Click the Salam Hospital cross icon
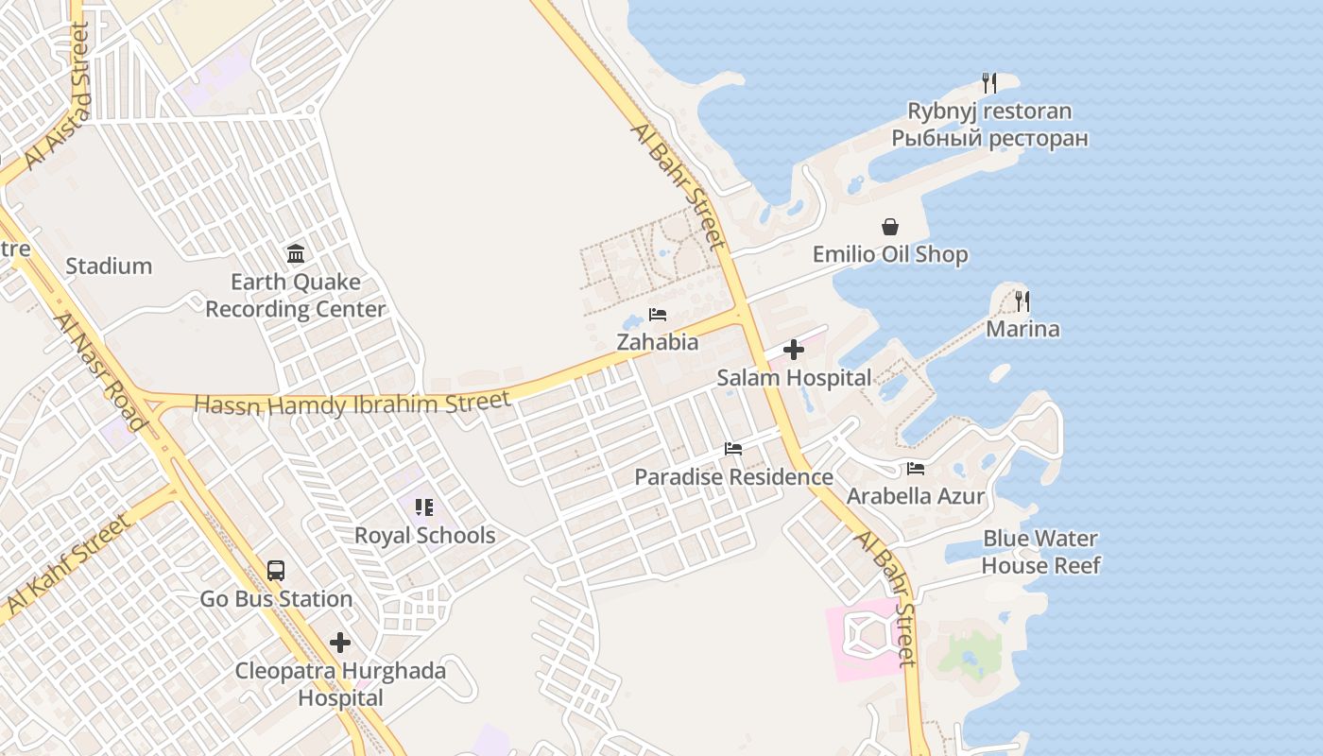click(794, 351)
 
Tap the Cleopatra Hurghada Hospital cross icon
click(340, 644)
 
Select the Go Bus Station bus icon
click(276, 571)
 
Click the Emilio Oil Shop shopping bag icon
click(890, 227)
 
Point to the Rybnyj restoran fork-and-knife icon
click(989, 83)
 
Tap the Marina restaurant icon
click(1022, 301)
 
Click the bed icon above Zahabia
click(658, 315)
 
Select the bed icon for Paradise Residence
click(733, 449)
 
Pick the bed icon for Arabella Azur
click(916, 469)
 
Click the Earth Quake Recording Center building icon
click(296, 253)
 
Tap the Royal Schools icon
click(424, 507)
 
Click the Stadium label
click(109, 266)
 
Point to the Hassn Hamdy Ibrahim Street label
click(352, 404)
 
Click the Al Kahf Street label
click(66, 563)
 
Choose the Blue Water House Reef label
click(1040, 552)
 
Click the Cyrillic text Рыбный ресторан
click(989, 139)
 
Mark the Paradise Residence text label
click(733, 477)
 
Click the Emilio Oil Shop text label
click(890, 255)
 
